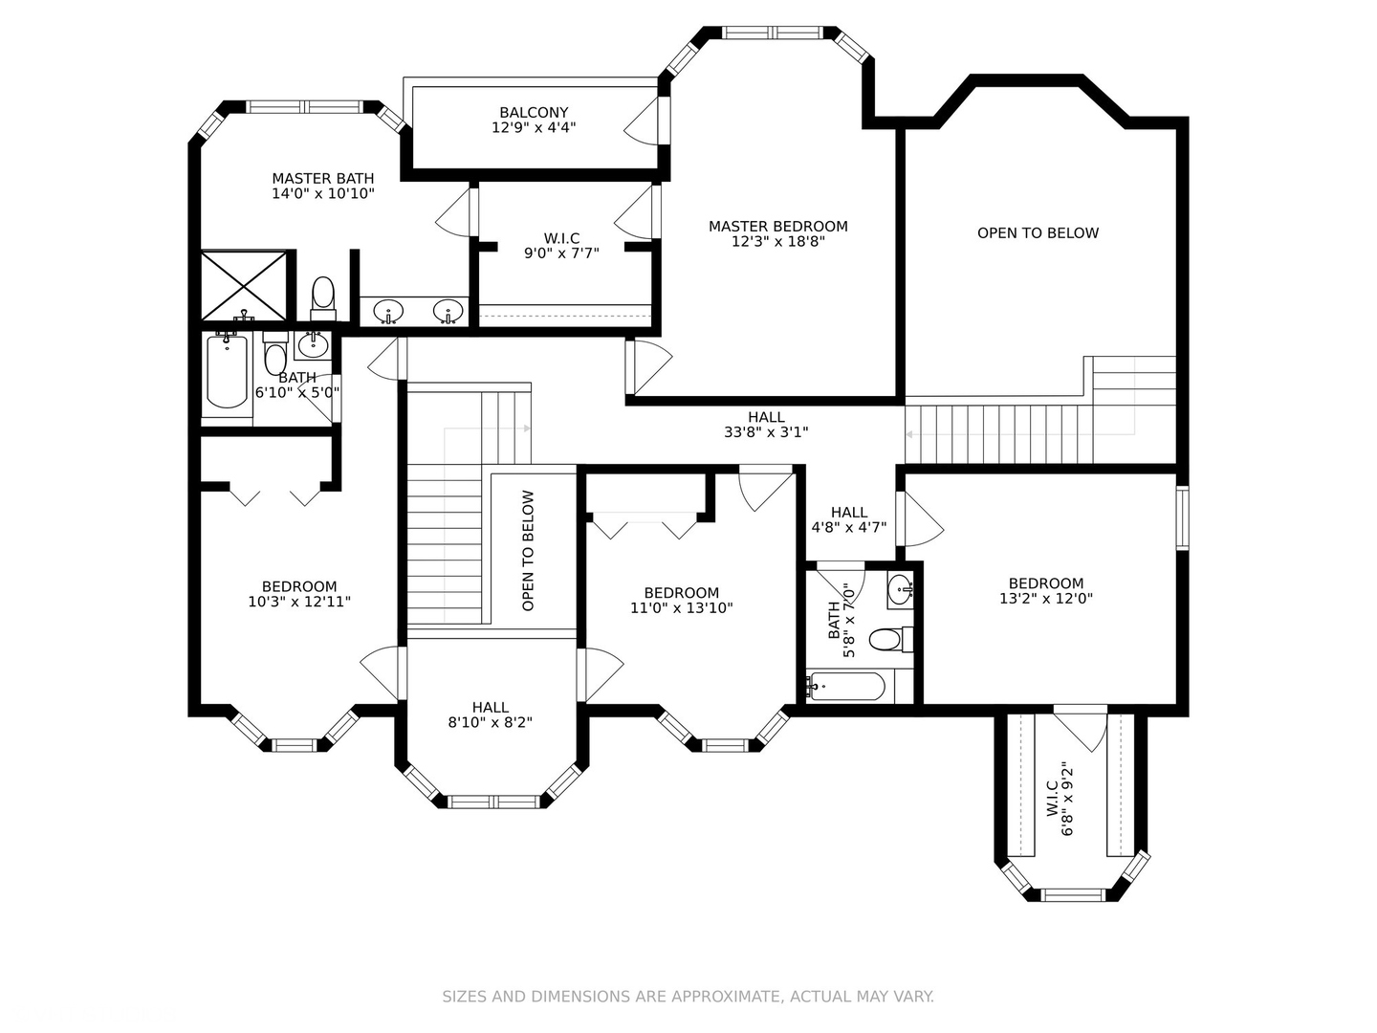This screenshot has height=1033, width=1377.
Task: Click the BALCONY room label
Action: (x=534, y=112)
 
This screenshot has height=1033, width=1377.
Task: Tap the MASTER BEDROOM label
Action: (x=777, y=227)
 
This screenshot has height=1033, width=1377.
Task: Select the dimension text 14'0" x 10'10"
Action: (x=322, y=194)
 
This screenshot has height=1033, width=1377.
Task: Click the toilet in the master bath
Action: (x=323, y=299)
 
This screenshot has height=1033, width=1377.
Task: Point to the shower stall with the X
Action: (x=244, y=285)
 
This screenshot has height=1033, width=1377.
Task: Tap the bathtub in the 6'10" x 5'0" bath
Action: (x=227, y=371)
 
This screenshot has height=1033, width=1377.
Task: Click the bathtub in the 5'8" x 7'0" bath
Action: (x=847, y=686)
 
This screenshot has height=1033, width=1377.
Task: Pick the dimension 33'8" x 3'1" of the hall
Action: (x=766, y=432)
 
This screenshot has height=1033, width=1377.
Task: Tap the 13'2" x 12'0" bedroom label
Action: (x=1046, y=591)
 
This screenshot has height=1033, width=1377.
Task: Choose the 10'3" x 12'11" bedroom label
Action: (x=299, y=594)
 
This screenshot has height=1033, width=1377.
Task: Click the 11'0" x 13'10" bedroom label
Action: (x=681, y=601)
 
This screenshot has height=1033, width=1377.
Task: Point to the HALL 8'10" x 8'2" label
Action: (x=490, y=715)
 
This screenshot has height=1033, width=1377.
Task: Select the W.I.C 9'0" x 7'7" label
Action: (x=561, y=246)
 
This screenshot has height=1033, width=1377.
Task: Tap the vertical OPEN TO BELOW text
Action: (x=528, y=550)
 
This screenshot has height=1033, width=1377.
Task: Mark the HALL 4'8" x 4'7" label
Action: (x=849, y=520)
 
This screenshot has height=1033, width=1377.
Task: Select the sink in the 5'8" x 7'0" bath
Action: (x=900, y=589)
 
